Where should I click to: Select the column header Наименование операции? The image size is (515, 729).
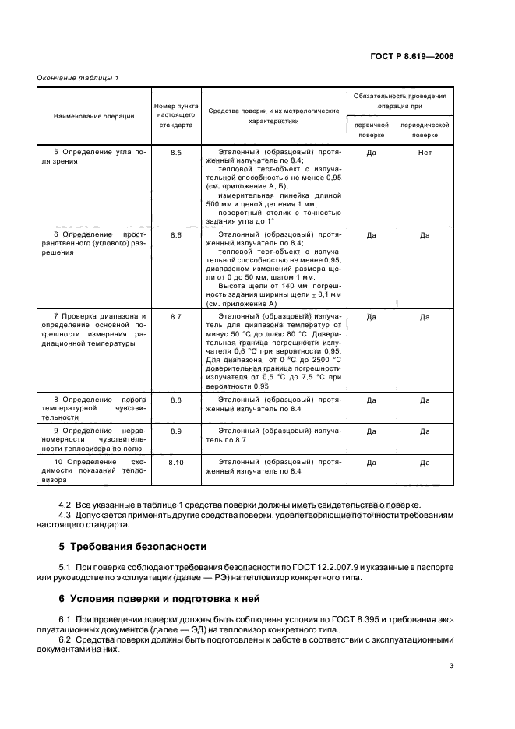pos(94,116)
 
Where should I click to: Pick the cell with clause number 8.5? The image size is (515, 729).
pos(175,153)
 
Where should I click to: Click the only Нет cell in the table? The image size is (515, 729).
pos(425,153)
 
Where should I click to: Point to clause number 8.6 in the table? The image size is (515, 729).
pos(175,234)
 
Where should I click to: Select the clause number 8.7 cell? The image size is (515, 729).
pos(175,317)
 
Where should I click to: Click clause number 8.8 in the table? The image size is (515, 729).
pos(175,400)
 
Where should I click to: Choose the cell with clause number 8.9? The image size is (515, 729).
pos(175,431)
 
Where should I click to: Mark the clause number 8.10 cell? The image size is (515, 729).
pos(175,462)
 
